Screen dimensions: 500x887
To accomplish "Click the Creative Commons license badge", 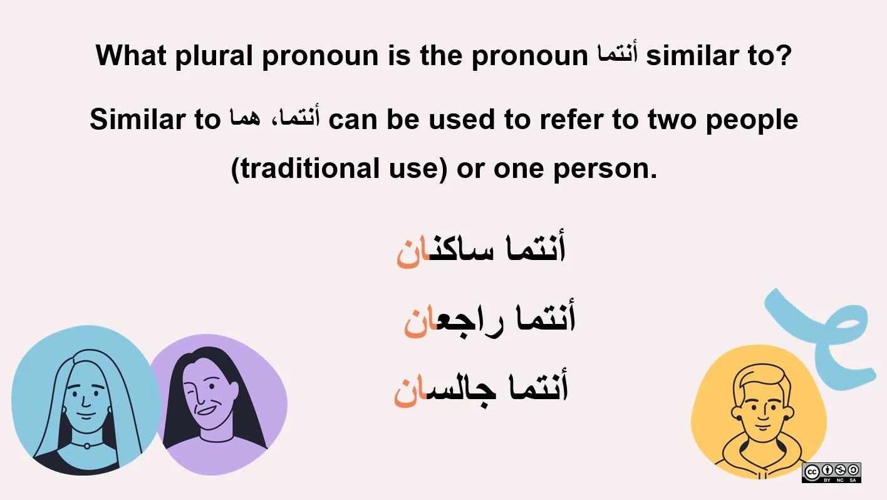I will click(831, 472).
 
